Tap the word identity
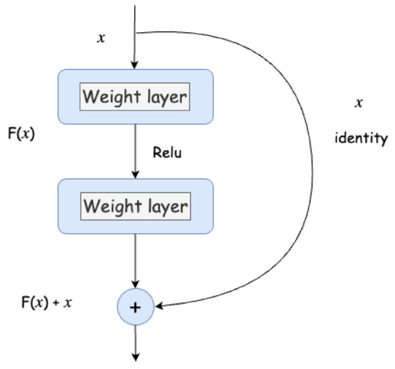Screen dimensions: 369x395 click(x=361, y=137)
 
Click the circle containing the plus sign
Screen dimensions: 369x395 click(x=136, y=307)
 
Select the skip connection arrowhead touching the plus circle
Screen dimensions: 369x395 click(x=159, y=307)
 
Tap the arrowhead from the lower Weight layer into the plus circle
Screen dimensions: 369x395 click(x=135, y=285)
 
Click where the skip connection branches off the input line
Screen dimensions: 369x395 click(x=135, y=32)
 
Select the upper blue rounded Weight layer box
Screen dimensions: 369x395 click(x=135, y=96)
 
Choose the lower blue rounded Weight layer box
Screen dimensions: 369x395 click(x=135, y=207)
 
